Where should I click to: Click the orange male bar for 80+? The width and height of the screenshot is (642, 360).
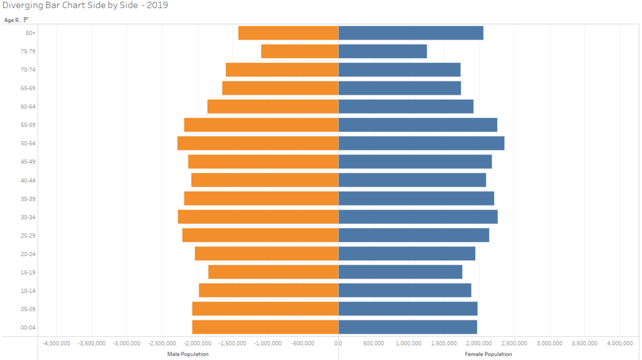[x=288, y=33]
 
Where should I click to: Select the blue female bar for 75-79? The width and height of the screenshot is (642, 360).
[x=382, y=51]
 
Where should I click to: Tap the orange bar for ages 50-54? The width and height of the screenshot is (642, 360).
[x=258, y=143]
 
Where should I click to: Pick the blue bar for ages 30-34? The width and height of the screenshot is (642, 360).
[x=418, y=216]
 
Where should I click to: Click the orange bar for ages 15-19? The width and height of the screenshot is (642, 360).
[x=273, y=272]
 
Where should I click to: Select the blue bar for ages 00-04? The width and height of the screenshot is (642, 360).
[x=408, y=327]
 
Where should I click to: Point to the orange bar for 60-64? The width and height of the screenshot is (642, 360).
[x=273, y=107]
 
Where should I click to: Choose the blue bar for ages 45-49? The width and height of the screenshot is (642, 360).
[x=415, y=161]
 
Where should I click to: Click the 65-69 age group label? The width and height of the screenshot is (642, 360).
[x=28, y=88]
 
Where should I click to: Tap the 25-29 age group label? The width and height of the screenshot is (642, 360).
[x=28, y=235]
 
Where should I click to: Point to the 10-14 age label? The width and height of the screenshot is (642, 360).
[x=28, y=290]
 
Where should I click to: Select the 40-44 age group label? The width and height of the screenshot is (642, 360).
[x=28, y=180]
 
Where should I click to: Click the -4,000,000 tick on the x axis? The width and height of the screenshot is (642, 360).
[x=56, y=344]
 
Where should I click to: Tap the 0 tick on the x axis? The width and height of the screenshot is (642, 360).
[x=338, y=344]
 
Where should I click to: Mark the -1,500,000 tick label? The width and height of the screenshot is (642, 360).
[x=233, y=344]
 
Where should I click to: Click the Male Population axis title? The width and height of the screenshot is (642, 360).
[x=187, y=354]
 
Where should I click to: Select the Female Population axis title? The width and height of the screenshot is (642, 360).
[x=488, y=354]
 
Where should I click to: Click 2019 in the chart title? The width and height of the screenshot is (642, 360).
[x=157, y=6]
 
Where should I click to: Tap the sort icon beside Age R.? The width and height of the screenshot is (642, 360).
[x=26, y=20]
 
